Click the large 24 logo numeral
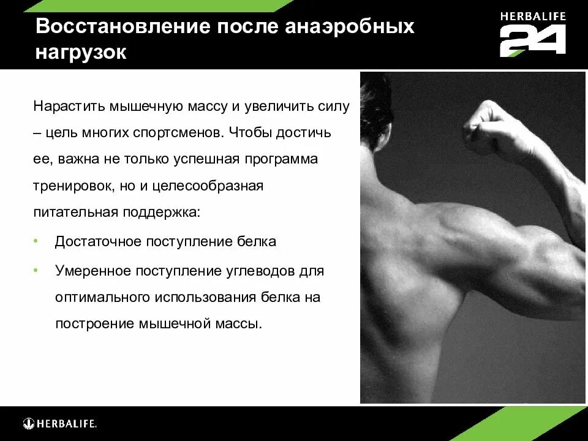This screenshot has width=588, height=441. (x=532, y=42)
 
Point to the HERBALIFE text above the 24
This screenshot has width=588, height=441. (x=532, y=16)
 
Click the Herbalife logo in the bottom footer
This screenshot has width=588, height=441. (x=60, y=423)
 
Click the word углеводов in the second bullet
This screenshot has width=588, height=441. (x=269, y=271)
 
